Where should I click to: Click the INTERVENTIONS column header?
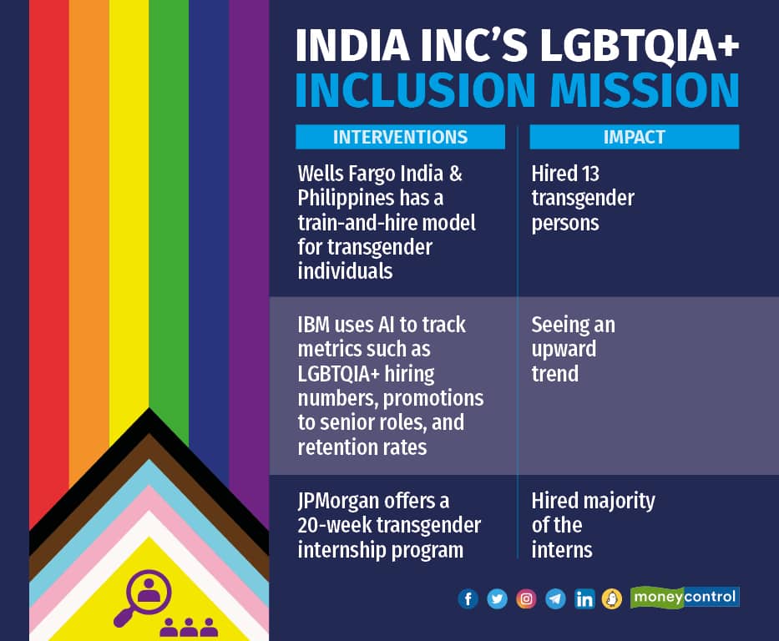coord(400,137)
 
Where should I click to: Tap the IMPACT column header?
coord(634,137)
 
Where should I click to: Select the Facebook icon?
coord(468,599)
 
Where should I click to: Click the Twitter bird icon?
coord(497,599)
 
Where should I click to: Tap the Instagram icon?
coord(526,599)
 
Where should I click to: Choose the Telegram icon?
coord(555,599)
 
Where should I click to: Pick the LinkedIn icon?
coord(584,599)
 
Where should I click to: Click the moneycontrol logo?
coord(685,597)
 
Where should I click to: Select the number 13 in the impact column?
coord(588,174)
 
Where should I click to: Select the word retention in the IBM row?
coord(338,447)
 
